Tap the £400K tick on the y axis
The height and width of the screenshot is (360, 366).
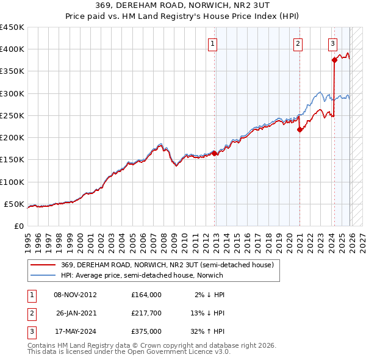point(12,49)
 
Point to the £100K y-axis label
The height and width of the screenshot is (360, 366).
point(12,182)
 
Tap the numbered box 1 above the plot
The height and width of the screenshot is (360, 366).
point(212,43)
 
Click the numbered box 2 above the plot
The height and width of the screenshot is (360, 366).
point(298,43)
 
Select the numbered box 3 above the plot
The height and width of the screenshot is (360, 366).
point(332,43)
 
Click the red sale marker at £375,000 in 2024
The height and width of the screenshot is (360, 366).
point(334,60)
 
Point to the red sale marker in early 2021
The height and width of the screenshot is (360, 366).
point(300,129)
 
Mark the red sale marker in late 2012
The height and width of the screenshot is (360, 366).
point(215,153)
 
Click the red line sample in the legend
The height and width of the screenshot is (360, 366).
point(43,265)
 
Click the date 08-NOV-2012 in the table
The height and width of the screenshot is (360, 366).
point(75,295)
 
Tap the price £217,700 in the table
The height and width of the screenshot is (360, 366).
point(146,313)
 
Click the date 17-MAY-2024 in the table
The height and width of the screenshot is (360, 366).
point(75,331)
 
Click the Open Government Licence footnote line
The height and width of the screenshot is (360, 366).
point(129,353)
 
